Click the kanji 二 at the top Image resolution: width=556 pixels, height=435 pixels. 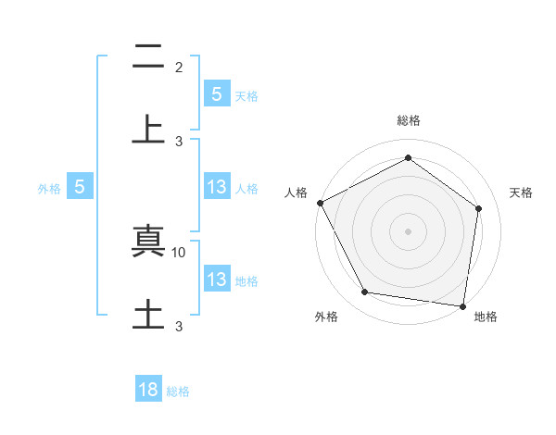(148, 58)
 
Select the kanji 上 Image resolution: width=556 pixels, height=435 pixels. (148, 130)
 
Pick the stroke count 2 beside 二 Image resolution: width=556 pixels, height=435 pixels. (179, 68)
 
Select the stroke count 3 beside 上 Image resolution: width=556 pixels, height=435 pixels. (179, 142)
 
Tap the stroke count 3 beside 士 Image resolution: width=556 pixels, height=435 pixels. (179, 326)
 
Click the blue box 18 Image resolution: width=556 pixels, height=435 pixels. (148, 390)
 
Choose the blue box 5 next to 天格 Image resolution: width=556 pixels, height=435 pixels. (216, 93)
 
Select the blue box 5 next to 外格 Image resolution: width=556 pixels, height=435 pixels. (80, 186)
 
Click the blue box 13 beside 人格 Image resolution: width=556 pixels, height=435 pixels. (216, 186)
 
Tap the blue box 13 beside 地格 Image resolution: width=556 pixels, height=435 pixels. (216, 279)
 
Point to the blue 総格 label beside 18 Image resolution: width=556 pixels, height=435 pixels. (179, 391)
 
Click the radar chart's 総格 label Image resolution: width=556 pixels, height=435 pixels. (408, 120)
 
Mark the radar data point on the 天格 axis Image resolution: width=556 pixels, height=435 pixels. (478, 208)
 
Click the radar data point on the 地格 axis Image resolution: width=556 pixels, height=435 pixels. (462, 304)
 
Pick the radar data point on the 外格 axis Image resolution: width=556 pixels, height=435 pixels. (365, 292)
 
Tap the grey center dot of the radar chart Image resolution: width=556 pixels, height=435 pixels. (408, 230)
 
